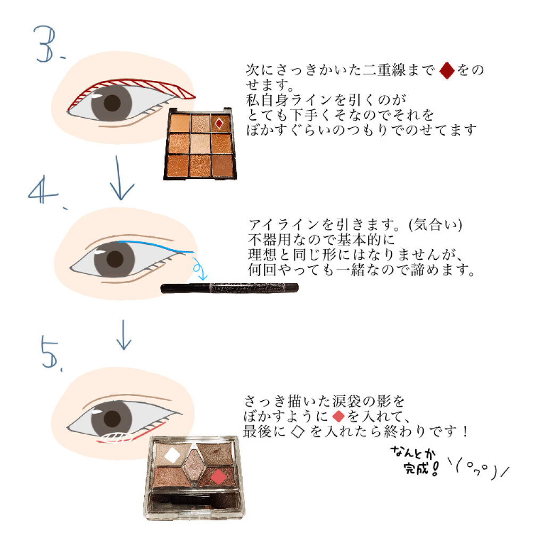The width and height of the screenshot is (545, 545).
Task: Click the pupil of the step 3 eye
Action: [112, 103]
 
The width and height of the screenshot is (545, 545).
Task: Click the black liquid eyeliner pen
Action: [229, 288]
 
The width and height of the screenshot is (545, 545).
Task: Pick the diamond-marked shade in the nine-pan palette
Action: [219, 123]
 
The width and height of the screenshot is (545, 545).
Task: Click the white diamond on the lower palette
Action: [171, 455]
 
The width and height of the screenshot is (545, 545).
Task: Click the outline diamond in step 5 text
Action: [299, 432]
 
